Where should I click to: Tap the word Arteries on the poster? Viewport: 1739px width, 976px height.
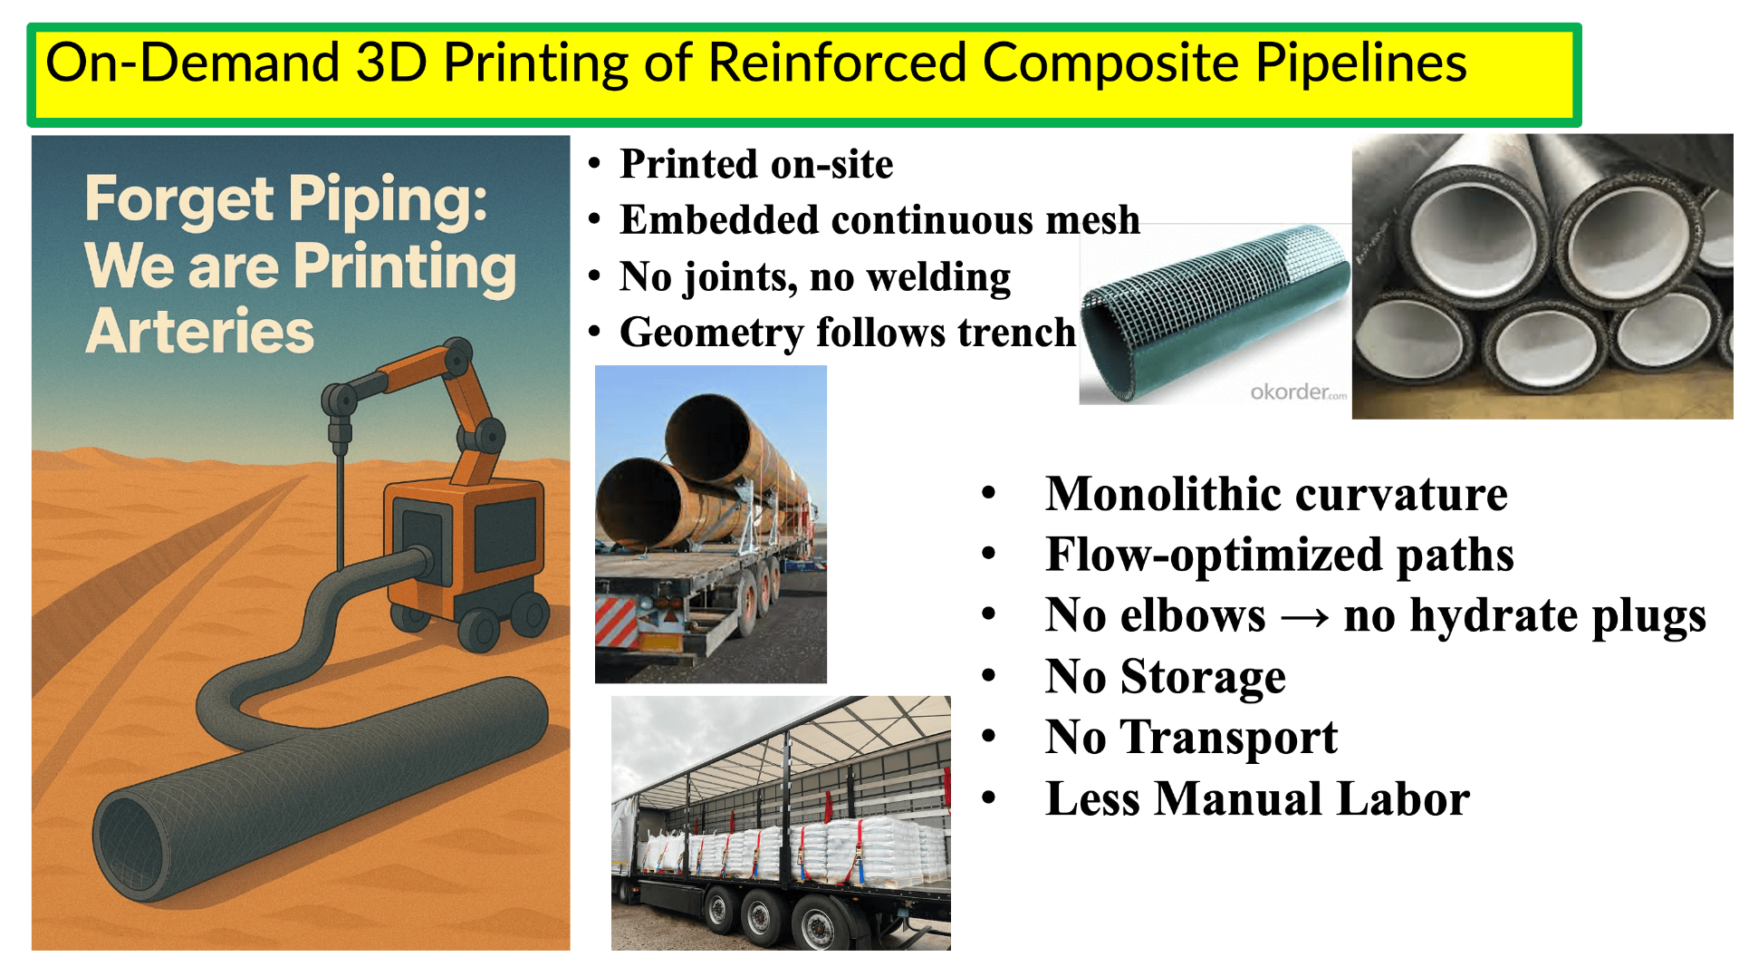[x=199, y=332]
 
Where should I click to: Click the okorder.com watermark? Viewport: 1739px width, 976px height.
[x=1298, y=391]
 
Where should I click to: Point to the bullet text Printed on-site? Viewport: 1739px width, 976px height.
[x=756, y=164]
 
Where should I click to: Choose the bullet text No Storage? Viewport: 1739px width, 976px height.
[x=1166, y=676]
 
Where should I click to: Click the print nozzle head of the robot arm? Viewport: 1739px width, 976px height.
[x=340, y=433]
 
